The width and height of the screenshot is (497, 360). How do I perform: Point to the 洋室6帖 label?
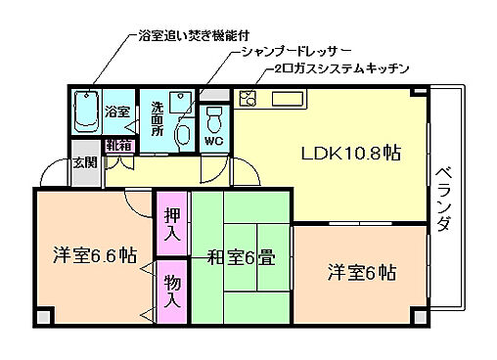point(361,270)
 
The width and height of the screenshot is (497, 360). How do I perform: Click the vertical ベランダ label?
point(444,197)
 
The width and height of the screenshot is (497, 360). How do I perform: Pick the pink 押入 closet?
point(170,223)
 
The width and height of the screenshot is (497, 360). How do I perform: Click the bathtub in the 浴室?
point(87,112)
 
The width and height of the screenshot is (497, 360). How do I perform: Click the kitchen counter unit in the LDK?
point(274,99)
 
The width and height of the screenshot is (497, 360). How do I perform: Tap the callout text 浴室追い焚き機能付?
point(196,35)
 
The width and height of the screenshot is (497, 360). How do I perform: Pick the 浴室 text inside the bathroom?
point(117,112)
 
